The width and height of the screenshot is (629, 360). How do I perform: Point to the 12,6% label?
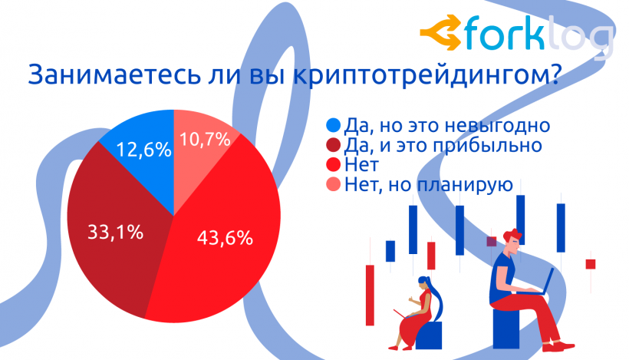click(145, 149)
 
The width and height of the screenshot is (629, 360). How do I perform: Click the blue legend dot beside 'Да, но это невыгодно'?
click(333, 125)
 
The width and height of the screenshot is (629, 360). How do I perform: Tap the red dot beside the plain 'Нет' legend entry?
click(333, 164)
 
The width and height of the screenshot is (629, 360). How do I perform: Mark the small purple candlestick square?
click(492, 241)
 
